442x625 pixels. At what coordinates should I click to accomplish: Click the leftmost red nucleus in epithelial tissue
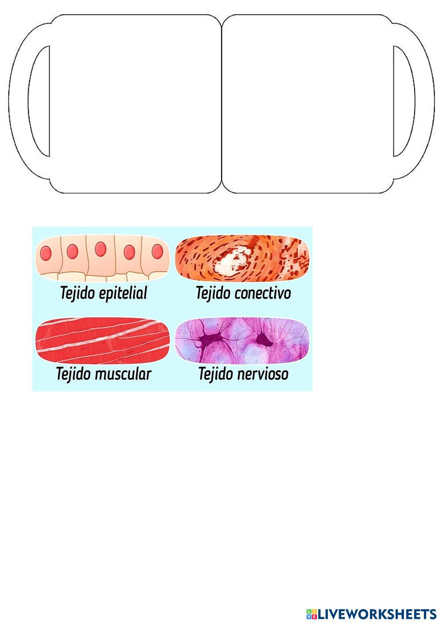tap(46, 253)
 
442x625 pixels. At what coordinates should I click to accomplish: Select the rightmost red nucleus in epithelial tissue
tap(157, 251)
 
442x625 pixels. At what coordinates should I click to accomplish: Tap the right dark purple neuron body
tap(264, 339)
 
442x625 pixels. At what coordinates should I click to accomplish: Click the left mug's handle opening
tap(40, 102)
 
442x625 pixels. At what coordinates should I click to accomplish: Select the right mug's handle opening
tap(402, 102)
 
